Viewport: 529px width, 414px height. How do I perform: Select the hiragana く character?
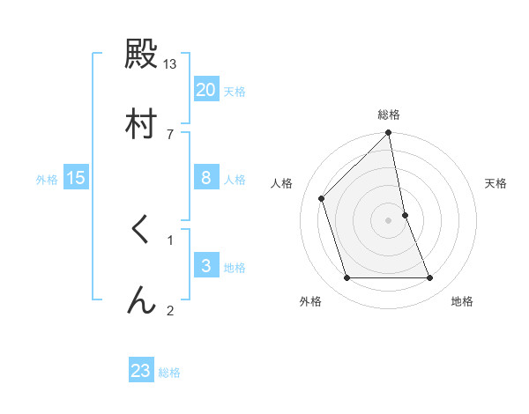140,231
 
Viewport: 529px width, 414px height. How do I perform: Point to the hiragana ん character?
140,299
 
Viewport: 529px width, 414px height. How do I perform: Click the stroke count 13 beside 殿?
170,64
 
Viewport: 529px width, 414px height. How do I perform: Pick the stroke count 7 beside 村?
170,133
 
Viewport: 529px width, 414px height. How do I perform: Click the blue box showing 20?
205,90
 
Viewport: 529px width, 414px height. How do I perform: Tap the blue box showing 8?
205,178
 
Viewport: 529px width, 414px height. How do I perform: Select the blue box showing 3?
205,266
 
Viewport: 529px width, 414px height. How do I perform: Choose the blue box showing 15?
76,178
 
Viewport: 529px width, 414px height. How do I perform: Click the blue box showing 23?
140,371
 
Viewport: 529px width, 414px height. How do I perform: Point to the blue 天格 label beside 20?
235,91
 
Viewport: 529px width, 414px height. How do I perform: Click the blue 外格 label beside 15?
47,179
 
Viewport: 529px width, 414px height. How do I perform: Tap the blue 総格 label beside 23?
169,372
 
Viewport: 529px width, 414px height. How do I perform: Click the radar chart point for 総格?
388,134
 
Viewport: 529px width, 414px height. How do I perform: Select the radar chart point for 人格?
322,198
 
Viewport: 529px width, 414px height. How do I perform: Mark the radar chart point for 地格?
429,277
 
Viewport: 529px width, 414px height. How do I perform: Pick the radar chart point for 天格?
405,215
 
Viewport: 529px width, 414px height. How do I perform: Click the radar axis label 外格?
310,301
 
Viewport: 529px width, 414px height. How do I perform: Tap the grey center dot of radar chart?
388,220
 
